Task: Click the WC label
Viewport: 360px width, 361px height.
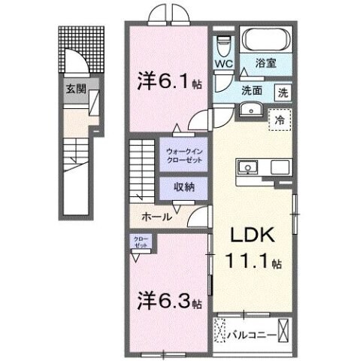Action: [x=223, y=65]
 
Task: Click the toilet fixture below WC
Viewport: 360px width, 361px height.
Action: [x=223, y=44]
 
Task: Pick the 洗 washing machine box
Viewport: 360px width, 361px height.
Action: [x=283, y=93]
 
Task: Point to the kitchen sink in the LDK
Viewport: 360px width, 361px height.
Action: [x=248, y=166]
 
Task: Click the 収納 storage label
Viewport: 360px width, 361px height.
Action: [x=185, y=187]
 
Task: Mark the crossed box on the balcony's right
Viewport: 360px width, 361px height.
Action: [x=284, y=329]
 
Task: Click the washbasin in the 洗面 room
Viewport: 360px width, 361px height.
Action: [x=249, y=110]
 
